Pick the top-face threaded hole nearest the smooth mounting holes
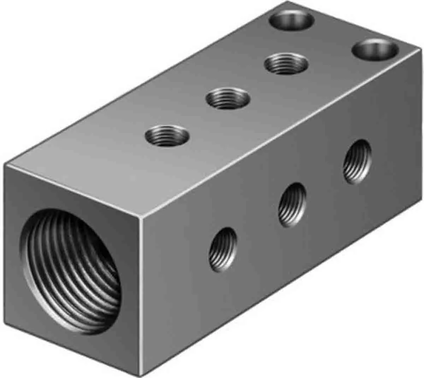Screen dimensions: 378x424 (x=286, y=63)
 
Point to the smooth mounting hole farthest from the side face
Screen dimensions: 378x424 (x=292, y=18)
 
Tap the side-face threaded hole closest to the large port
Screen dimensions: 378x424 (x=223, y=247)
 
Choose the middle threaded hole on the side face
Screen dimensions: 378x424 (x=292, y=204)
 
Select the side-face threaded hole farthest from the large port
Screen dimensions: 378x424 (x=358, y=161)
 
